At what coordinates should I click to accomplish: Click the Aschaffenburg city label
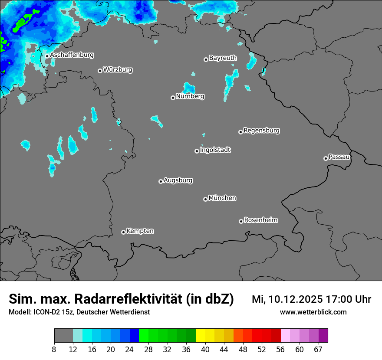[x=72, y=55]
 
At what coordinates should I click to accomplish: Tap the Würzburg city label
[x=118, y=70]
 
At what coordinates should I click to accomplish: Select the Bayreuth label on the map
[x=223, y=58]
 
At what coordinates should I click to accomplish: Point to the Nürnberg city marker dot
[x=173, y=98]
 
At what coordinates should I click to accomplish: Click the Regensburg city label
[x=261, y=131]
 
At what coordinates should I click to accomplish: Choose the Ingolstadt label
[x=215, y=150]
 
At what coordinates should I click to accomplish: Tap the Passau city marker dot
[x=326, y=158]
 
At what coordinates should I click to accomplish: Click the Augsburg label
[x=178, y=180]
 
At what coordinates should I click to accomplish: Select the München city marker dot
[x=205, y=199]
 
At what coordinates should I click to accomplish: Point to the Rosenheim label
[x=260, y=220]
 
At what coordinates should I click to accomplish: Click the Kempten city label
[x=140, y=231]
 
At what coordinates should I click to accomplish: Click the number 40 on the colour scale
[x=205, y=349]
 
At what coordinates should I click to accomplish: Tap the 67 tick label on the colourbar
[x=318, y=349]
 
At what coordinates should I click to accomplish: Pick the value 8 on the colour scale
[x=54, y=349]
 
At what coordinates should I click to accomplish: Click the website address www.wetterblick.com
[x=313, y=312]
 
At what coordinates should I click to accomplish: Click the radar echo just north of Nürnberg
[x=189, y=87]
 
